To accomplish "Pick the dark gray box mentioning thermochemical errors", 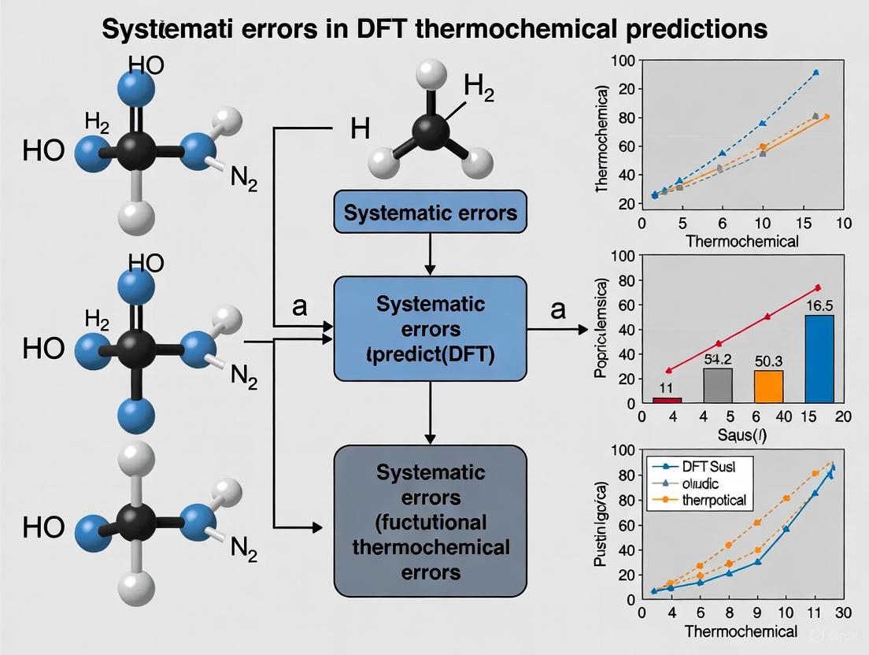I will tap(430, 521).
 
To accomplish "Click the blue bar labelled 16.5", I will tap(819, 358).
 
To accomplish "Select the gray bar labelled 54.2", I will tap(718, 385).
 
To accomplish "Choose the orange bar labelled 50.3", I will tap(768, 386).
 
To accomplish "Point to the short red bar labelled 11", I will tap(667, 400).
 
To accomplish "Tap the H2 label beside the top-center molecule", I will tap(479, 87).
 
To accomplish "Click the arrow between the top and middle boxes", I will tap(430, 254).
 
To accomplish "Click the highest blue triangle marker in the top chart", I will tap(815, 72).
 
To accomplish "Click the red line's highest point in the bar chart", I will tap(818, 287).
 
